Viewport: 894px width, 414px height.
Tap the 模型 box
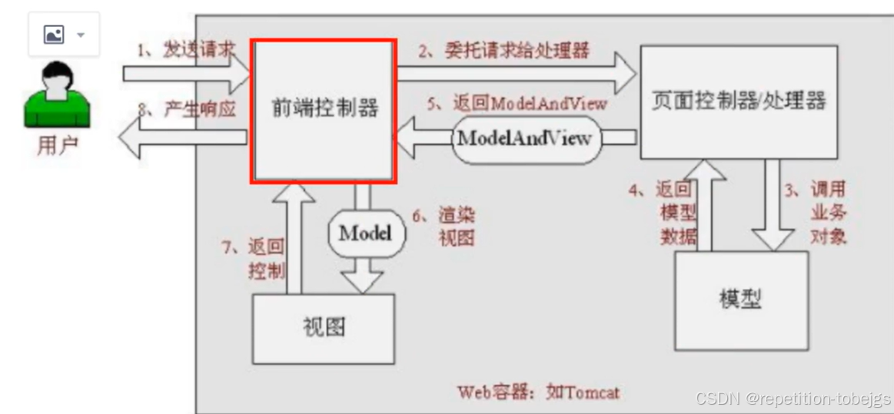click(741, 297)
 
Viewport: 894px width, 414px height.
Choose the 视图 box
click(323, 328)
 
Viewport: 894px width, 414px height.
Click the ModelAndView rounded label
click(524, 138)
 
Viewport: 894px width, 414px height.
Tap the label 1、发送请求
click(186, 51)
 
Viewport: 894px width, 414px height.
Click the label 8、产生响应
click(186, 109)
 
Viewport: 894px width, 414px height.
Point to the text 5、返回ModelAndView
click(517, 103)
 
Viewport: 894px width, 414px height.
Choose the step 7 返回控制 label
click(258, 259)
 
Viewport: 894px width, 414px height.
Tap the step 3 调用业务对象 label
click(816, 213)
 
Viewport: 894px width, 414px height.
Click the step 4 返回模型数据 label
click(667, 213)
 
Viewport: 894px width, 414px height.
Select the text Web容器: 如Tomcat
click(538, 392)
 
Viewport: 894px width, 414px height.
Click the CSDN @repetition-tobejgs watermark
click(793, 399)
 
